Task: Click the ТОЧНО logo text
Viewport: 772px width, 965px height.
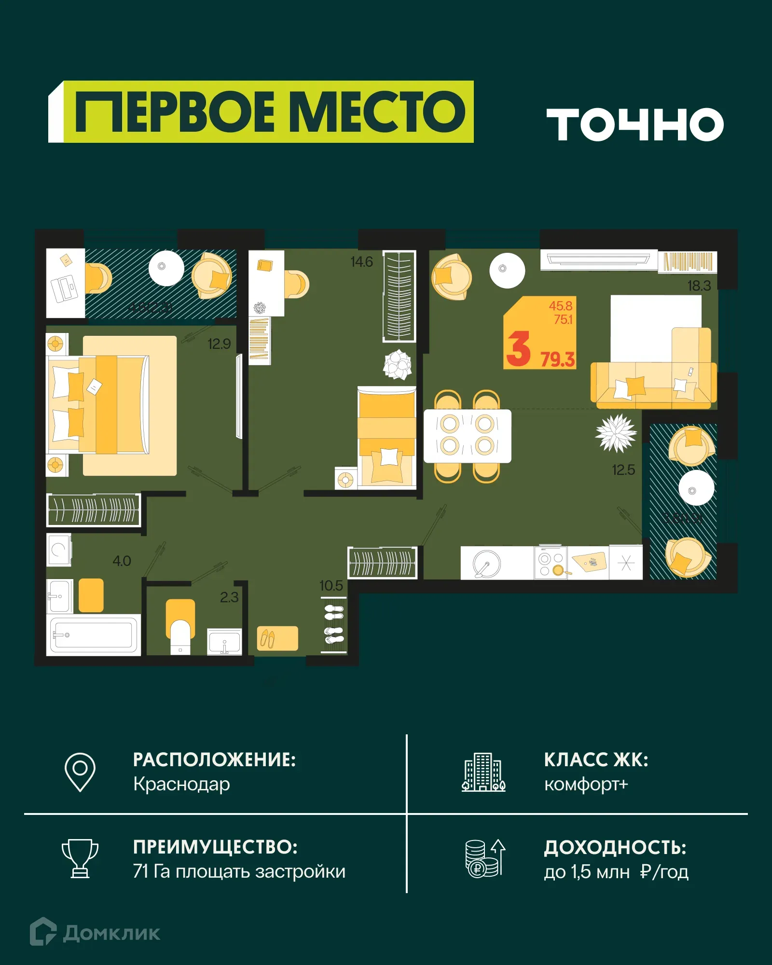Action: (634, 124)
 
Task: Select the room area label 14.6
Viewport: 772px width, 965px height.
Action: (361, 262)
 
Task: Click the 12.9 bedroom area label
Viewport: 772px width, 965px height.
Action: (219, 344)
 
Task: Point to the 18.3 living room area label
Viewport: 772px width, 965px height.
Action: (699, 286)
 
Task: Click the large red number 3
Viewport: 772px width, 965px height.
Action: (518, 349)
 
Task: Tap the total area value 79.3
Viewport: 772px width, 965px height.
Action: (557, 359)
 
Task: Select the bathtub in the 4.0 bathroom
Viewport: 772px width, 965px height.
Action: (93, 634)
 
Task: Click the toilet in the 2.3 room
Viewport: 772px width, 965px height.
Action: (180, 632)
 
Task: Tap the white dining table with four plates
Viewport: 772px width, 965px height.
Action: (467, 436)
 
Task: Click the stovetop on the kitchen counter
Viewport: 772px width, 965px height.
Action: (551, 563)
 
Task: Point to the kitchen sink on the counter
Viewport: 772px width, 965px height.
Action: (486, 563)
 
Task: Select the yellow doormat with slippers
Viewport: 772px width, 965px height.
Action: (277, 638)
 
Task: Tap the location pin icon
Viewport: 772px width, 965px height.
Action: (80, 772)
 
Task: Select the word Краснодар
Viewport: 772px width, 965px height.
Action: (181, 785)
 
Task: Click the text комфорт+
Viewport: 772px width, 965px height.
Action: (586, 785)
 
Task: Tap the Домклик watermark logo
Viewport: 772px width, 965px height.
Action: (95, 933)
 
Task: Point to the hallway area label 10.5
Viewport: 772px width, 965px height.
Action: (331, 586)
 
